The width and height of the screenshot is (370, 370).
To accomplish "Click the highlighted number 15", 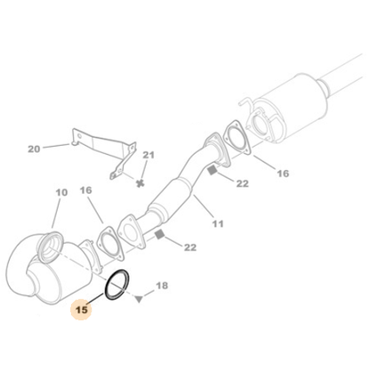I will (x=81, y=310).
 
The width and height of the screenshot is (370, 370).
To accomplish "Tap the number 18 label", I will (x=161, y=286).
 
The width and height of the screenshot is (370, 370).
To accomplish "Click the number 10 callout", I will (x=60, y=193).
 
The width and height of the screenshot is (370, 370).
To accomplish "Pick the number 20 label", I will (x=35, y=149).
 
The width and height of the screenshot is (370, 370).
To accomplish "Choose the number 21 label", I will (x=149, y=155).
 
